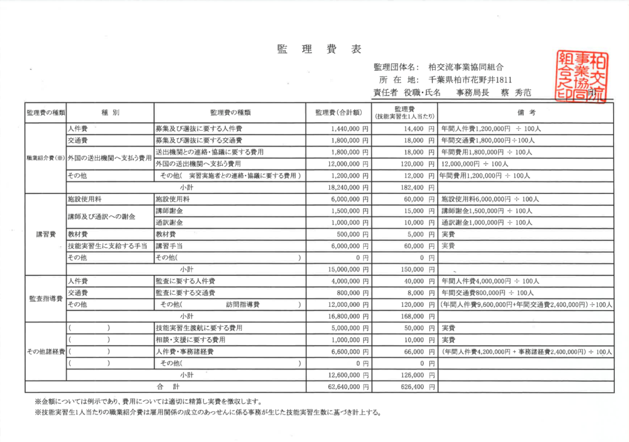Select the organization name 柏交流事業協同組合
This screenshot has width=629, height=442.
469,68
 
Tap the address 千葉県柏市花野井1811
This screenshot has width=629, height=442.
470,80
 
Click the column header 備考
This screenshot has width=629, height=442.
525,113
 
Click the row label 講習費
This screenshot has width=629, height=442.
45,234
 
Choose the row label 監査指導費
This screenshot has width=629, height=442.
45,299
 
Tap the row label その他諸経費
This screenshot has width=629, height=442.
45,352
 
